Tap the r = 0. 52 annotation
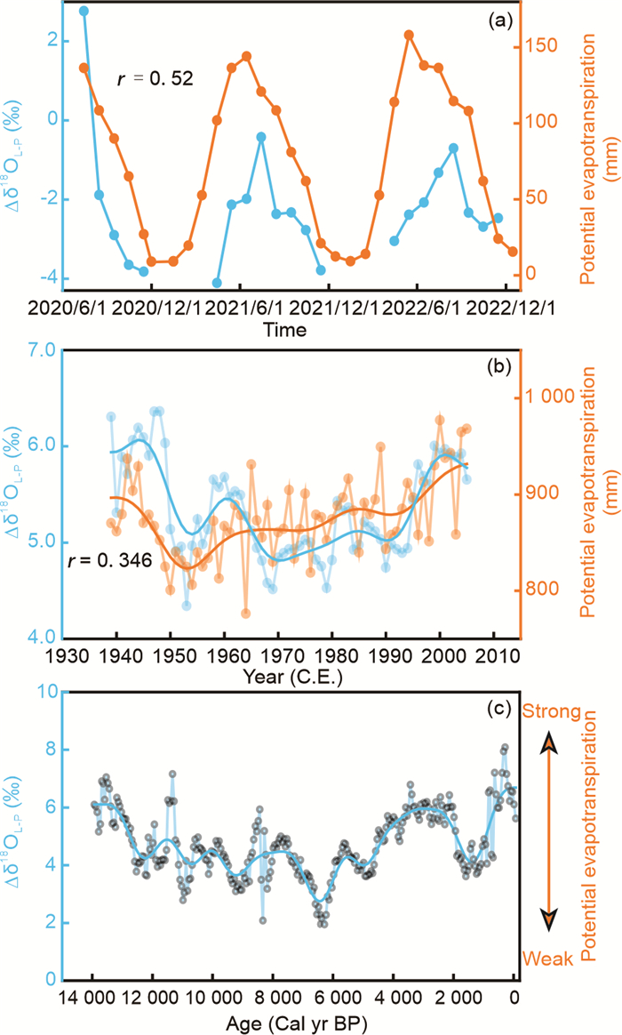(x=155, y=79)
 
